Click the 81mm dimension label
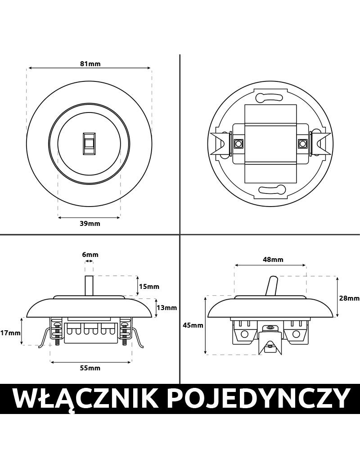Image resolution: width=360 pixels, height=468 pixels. pos(90,63)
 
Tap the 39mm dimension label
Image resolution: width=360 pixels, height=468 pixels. pos(90,224)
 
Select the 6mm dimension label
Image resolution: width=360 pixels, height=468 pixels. pos(90,255)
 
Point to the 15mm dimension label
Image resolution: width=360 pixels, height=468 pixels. pos(149,287)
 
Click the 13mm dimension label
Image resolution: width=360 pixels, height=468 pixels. pos(166,308)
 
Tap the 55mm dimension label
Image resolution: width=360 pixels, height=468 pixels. pos(90,368)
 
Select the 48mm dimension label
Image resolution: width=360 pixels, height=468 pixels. pos(273,260)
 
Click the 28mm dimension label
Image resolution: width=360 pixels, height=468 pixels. pos(349,298)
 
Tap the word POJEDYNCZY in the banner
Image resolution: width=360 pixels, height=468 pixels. pos(255,398)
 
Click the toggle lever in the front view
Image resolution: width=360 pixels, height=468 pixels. pos(89,144)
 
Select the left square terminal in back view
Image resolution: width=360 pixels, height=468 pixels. pos(237,144)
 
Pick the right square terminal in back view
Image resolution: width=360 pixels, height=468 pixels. pos(302,144)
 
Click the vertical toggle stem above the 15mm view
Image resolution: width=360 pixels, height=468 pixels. pos(89,285)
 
